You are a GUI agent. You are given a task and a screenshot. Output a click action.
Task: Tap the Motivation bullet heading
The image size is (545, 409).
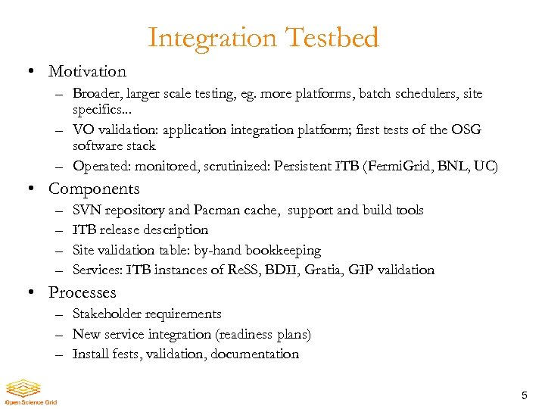[x=87, y=72]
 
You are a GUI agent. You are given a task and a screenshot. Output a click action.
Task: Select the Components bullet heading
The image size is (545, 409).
[x=94, y=189]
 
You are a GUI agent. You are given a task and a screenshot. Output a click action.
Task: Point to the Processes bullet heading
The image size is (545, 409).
[x=82, y=292]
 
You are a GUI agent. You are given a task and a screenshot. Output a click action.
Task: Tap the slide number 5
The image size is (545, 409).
[x=524, y=395]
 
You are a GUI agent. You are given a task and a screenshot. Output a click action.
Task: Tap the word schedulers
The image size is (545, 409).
[x=423, y=94]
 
